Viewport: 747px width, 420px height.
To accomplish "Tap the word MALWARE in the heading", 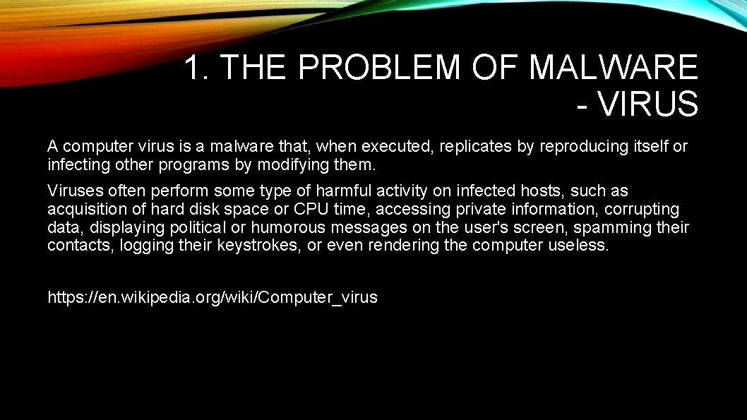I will pyautogui.click(x=613, y=68).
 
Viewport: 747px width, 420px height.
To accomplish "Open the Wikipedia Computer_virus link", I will pyautogui.click(x=212, y=297).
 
